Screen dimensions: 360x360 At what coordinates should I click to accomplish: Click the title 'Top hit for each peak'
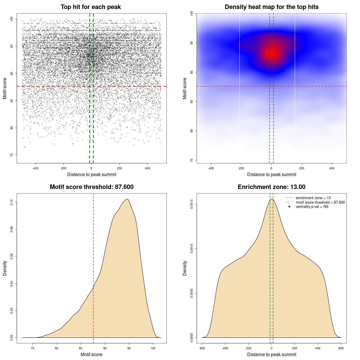tap(91, 7)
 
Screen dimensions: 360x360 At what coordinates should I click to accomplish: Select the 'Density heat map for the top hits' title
tap(271, 7)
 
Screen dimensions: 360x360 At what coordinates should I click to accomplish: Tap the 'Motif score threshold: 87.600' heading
tap(91, 187)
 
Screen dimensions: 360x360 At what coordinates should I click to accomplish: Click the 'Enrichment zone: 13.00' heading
tap(271, 187)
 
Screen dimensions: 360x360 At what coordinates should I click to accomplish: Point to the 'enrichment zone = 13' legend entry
tap(313, 198)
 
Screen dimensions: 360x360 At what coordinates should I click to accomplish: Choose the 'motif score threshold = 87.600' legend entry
tap(320, 202)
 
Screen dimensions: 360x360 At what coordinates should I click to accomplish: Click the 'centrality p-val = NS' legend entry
tap(312, 207)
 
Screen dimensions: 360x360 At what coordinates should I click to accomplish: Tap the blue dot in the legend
tap(289, 207)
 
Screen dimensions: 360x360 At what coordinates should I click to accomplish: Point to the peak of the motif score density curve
tap(127, 199)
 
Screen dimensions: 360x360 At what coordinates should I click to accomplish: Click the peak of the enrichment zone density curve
tap(271, 199)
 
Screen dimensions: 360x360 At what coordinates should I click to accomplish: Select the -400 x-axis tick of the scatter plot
tap(35, 168)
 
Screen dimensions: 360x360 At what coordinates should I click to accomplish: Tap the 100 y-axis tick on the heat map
tap(192, 13)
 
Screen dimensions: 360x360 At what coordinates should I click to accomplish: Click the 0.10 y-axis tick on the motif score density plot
tap(12, 202)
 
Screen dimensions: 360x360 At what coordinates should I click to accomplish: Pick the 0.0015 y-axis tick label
tap(192, 204)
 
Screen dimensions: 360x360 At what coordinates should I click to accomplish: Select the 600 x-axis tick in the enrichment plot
tap(341, 348)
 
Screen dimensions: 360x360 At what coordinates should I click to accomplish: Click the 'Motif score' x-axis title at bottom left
tap(91, 354)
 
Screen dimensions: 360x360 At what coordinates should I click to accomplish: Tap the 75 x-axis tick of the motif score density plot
tap(33, 348)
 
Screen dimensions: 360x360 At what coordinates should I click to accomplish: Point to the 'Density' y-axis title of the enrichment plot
tap(185, 268)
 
